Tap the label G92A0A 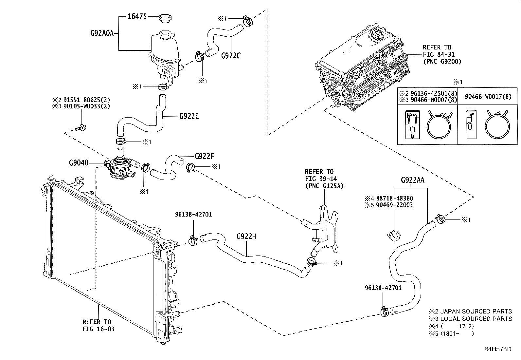click(x=102, y=33)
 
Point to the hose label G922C click(x=231, y=56)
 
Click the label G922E click(x=189, y=116)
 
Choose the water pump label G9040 click(x=79, y=162)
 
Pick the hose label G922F click(x=204, y=156)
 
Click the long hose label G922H click(x=246, y=237)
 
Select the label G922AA click(x=413, y=180)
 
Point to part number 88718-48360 click(x=394, y=199)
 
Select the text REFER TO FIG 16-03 click(x=98, y=325)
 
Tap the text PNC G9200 click(x=442, y=61)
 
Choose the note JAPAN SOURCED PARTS click(x=476, y=311)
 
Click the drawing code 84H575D click(x=498, y=349)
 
